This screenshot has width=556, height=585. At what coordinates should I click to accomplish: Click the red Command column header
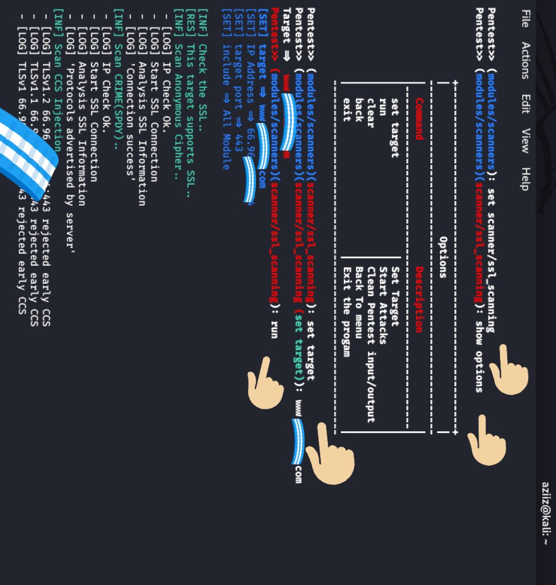click(x=418, y=119)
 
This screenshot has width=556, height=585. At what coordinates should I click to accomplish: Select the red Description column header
click(x=418, y=299)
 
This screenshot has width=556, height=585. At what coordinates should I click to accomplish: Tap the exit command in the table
click(x=346, y=109)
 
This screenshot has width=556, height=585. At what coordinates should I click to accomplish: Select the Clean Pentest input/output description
click(x=371, y=344)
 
